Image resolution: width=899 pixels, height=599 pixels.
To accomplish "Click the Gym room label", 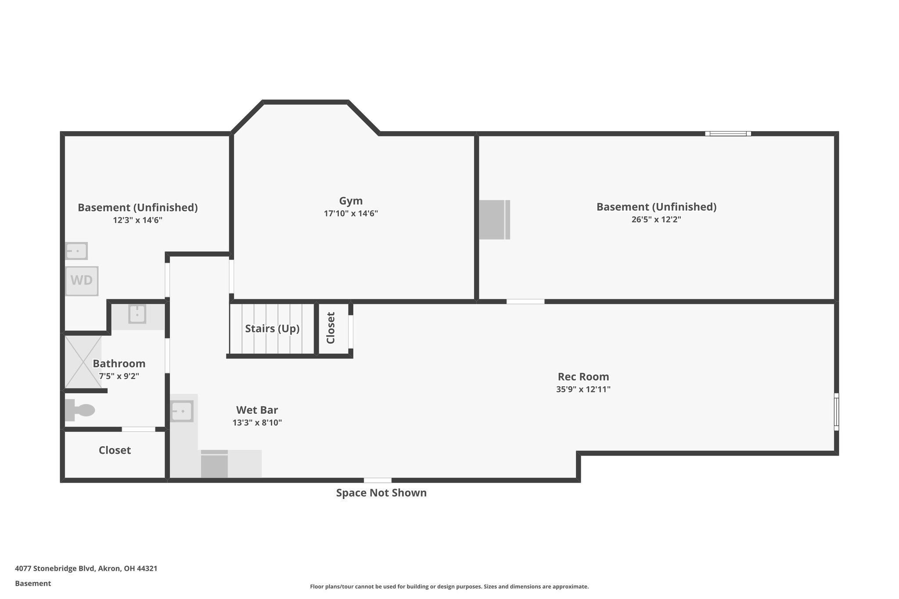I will (351, 201).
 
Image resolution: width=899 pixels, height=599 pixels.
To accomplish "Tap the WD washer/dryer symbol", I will (82, 281).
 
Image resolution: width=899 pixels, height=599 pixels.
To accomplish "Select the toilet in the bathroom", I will (80, 410).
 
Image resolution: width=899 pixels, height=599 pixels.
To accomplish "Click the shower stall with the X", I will (83, 362).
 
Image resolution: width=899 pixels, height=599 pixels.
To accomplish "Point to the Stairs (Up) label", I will (272, 329).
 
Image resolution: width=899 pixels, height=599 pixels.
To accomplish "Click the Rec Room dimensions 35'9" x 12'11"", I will (583, 389).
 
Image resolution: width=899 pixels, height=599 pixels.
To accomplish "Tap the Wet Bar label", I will (257, 410).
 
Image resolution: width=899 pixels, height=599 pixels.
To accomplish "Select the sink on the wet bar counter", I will (181, 411).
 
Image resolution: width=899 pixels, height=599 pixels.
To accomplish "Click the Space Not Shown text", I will (381, 493).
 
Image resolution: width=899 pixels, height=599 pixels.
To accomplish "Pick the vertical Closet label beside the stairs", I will (331, 328).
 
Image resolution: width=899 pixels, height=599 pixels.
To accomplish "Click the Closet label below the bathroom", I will (115, 450).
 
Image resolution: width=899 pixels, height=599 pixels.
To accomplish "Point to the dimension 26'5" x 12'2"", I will (656, 219).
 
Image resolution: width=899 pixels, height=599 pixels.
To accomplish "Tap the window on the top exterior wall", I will (728, 133).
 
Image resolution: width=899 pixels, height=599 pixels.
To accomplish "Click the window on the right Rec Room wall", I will (836, 412).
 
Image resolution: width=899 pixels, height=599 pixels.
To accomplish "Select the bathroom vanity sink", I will (137, 314).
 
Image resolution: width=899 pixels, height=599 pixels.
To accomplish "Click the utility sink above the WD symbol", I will (76, 251).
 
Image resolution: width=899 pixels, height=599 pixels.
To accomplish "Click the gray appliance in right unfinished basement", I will (494, 219).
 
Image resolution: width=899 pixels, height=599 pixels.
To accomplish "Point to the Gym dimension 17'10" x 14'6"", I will (351, 214).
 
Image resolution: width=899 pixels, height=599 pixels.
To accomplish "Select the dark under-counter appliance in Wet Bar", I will (214, 465).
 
